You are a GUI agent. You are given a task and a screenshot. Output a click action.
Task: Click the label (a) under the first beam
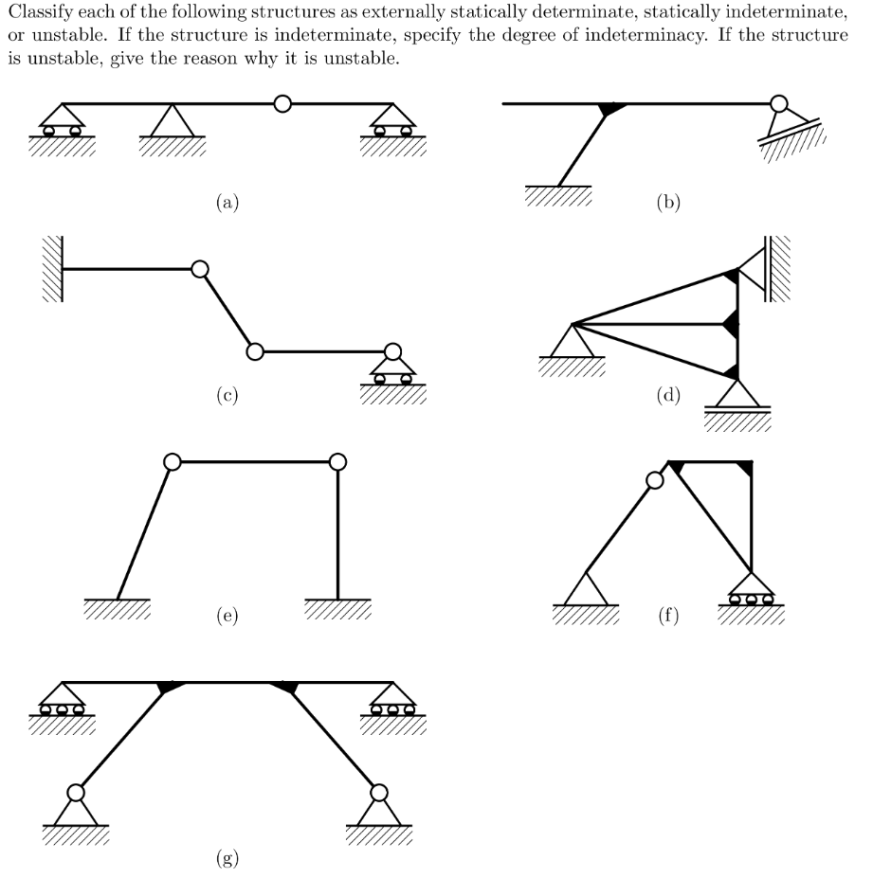pyautogui.click(x=226, y=201)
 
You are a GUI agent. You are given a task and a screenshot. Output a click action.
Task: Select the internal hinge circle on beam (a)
pyautogui.click(x=282, y=103)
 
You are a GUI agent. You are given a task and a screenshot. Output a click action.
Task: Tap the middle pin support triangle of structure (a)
pyautogui.click(x=172, y=120)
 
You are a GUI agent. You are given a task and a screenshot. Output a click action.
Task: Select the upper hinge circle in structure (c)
pyautogui.click(x=199, y=270)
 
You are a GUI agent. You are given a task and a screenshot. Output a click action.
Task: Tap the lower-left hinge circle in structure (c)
pyautogui.click(x=253, y=351)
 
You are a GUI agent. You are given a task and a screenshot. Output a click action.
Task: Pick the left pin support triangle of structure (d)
pyautogui.click(x=572, y=340)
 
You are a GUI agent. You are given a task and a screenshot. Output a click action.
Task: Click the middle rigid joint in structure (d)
pyautogui.click(x=731, y=324)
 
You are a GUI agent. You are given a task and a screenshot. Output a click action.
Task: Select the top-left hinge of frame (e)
pyautogui.click(x=172, y=462)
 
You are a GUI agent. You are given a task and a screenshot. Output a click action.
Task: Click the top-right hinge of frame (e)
pyautogui.click(x=337, y=462)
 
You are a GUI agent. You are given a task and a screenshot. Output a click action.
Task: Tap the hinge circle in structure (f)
pyautogui.click(x=654, y=480)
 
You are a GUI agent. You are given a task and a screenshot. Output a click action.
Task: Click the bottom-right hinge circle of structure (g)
pyautogui.click(x=379, y=792)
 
